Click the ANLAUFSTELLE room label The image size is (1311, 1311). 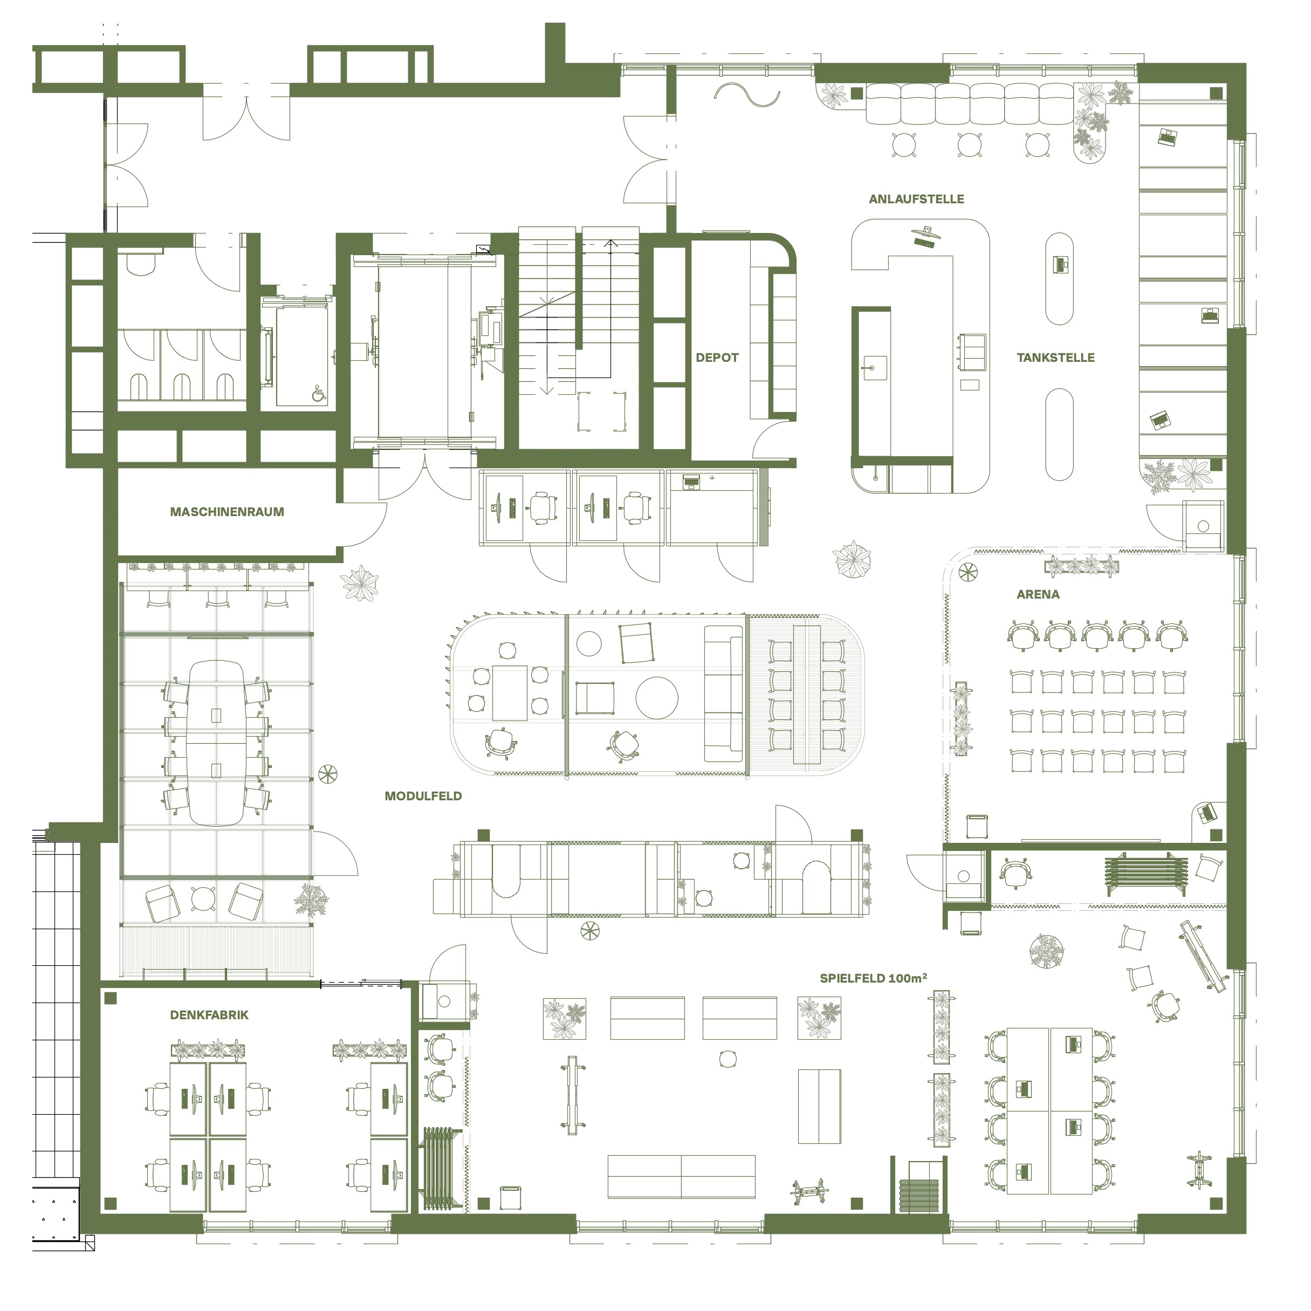coord(916,199)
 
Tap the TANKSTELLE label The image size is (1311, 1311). coord(1055,358)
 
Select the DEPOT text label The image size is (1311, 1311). coord(717,358)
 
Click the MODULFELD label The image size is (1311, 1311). coord(423,796)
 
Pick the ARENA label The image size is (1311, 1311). coord(1038,594)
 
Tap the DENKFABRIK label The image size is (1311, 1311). coord(209,1015)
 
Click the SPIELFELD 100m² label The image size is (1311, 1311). coord(873,978)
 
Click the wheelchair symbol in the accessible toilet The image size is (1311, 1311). coord(319,393)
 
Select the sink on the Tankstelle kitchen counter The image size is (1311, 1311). coord(875,368)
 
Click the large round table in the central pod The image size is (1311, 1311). coord(656,698)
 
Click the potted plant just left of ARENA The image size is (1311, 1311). coord(852,559)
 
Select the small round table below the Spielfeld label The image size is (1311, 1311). coord(727,1059)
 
